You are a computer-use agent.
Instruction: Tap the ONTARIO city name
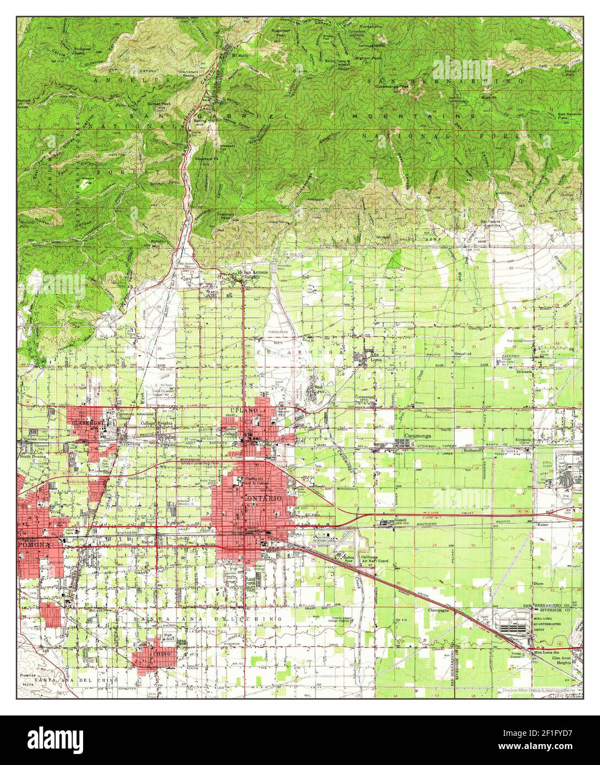[263, 498]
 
